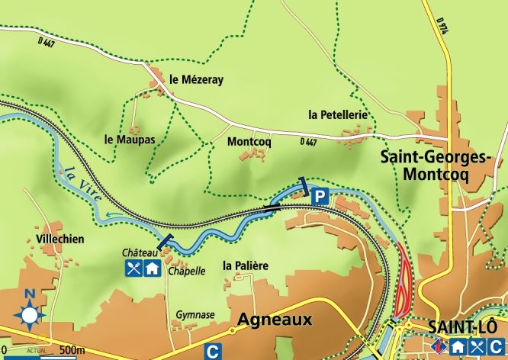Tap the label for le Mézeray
click(x=196, y=79)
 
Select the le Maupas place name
click(x=130, y=140)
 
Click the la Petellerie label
click(x=339, y=114)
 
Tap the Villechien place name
click(x=59, y=239)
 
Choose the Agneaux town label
click(x=275, y=320)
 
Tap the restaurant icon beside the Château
click(x=134, y=268)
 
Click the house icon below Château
click(x=152, y=268)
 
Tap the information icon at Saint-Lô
click(x=437, y=346)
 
